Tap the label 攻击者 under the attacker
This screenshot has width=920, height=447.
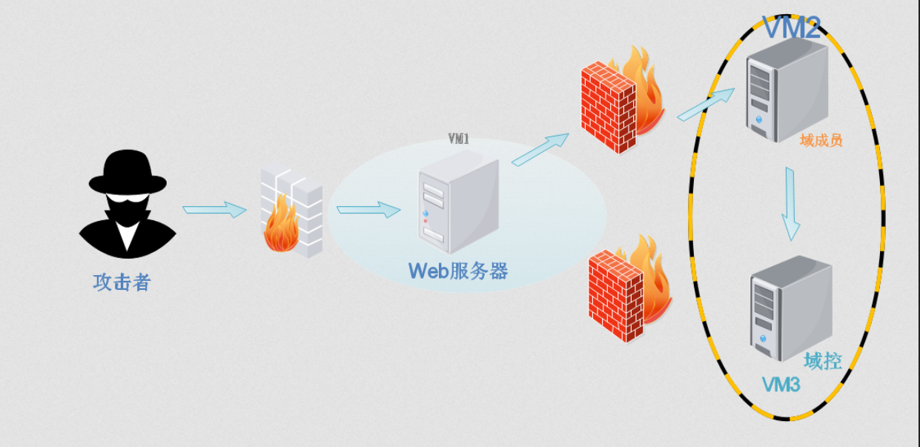(122, 282)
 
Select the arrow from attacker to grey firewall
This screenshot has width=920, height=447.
(214, 210)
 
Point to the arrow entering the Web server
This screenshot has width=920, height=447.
(368, 210)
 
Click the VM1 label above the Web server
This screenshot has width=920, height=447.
(459, 139)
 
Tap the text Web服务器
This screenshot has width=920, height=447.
(458, 271)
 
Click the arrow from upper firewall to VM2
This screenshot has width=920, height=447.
(705, 104)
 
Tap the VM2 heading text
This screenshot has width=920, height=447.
(792, 28)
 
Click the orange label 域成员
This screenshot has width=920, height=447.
(821, 140)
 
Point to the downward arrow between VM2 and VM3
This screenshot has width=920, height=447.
(791, 204)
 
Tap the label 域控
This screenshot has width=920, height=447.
(823, 361)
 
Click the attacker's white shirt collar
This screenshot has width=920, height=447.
(128, 236)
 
